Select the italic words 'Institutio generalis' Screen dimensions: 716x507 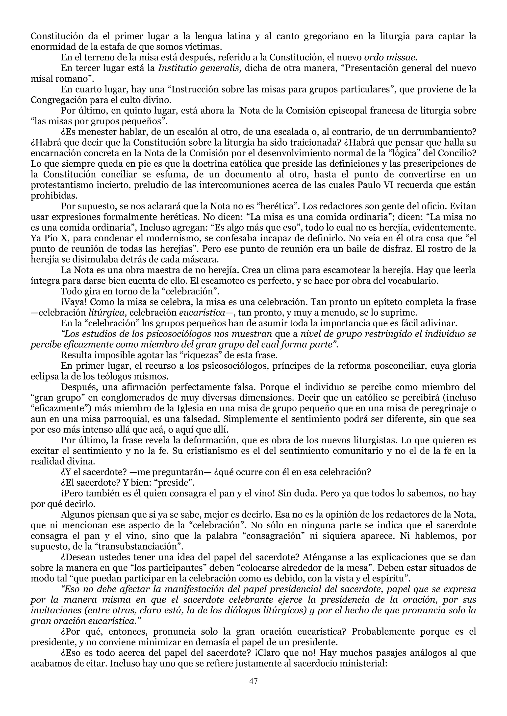point(200,68)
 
